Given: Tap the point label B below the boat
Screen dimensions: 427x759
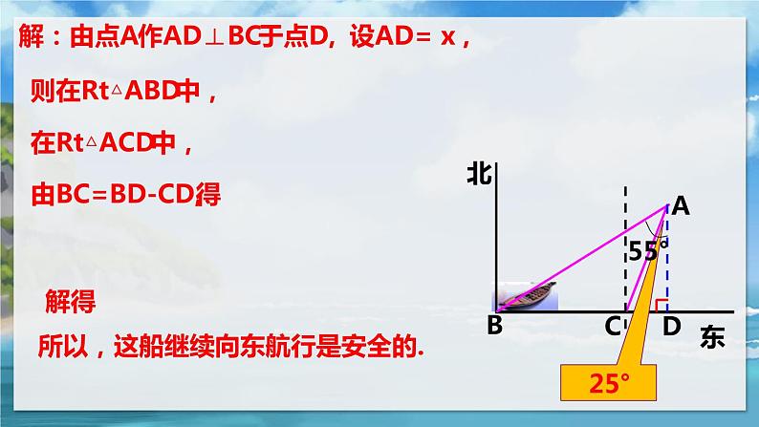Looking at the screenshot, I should click(x=494, y=326).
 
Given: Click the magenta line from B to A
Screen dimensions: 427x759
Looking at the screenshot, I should click(x=583, y=256).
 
